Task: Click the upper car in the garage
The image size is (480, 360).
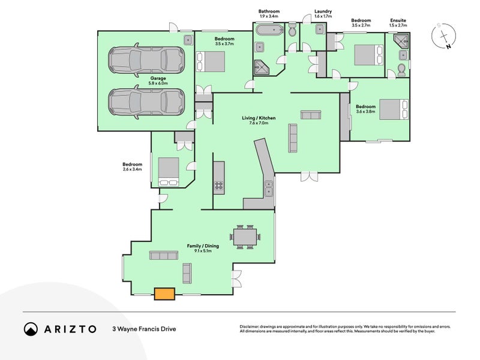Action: point(146,59)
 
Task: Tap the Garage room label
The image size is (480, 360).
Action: point(158,80)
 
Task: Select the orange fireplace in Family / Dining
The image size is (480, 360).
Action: point(164,293)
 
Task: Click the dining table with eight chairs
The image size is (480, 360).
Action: point(245,237)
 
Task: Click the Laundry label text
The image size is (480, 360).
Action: point(323,11)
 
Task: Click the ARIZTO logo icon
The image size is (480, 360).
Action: point(31,329)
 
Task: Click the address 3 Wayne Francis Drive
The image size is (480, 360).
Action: point(144,329)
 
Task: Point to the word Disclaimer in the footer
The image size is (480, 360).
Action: point(250,327)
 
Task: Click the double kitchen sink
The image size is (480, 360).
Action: point(269,188)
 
